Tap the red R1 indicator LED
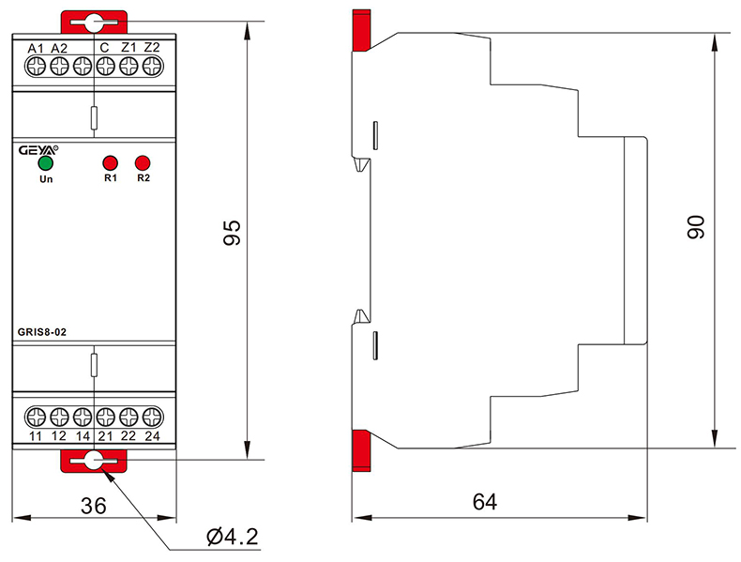tap(110, 161)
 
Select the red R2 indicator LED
tap(143, 161)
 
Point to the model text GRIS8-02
tap(41, 330)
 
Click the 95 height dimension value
tap(231, 234)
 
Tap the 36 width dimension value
tap(93, 505)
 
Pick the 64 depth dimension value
tap(484, 502)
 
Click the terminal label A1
tap(36, 48)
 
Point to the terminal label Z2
tap(152, 48)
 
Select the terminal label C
tap(104, 48)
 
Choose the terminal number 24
tap(152, 436)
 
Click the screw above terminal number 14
tap(83, 416)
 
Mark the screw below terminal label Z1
tap(129, 66)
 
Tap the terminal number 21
tap(105, 436)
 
